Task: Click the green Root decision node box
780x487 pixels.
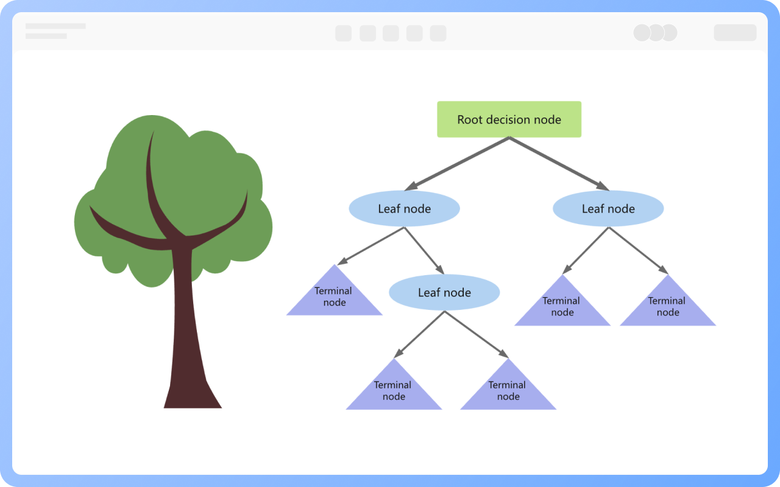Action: click(x=509, y=119)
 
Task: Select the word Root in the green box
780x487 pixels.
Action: click(x=469, y=120)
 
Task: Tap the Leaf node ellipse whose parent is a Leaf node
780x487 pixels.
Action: click(x=444, y=293)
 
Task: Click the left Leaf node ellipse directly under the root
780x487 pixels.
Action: click(x=404, y=209)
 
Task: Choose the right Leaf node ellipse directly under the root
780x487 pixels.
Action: click(x=608, y=209)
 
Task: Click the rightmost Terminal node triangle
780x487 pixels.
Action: click(x=668, y=308)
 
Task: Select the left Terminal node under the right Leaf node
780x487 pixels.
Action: click(x=562, y=308)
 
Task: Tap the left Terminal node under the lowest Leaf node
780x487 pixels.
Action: click(x=394, y=391)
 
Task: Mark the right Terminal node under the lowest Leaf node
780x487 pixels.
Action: click(x=508, y=391)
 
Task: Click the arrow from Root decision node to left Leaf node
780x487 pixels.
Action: click(x=457, y=163)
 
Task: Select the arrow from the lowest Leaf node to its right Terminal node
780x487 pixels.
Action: click(x=475, y=334)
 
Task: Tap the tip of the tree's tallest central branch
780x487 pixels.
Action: click(x=152, y=133)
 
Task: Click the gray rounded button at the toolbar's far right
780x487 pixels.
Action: click(x=735, y=33)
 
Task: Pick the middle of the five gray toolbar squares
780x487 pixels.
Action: click(x=391, y=33)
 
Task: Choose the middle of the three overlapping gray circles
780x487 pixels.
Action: click(x=656, y=33)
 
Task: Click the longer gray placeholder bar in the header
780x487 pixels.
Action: click(x=55, y=26)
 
